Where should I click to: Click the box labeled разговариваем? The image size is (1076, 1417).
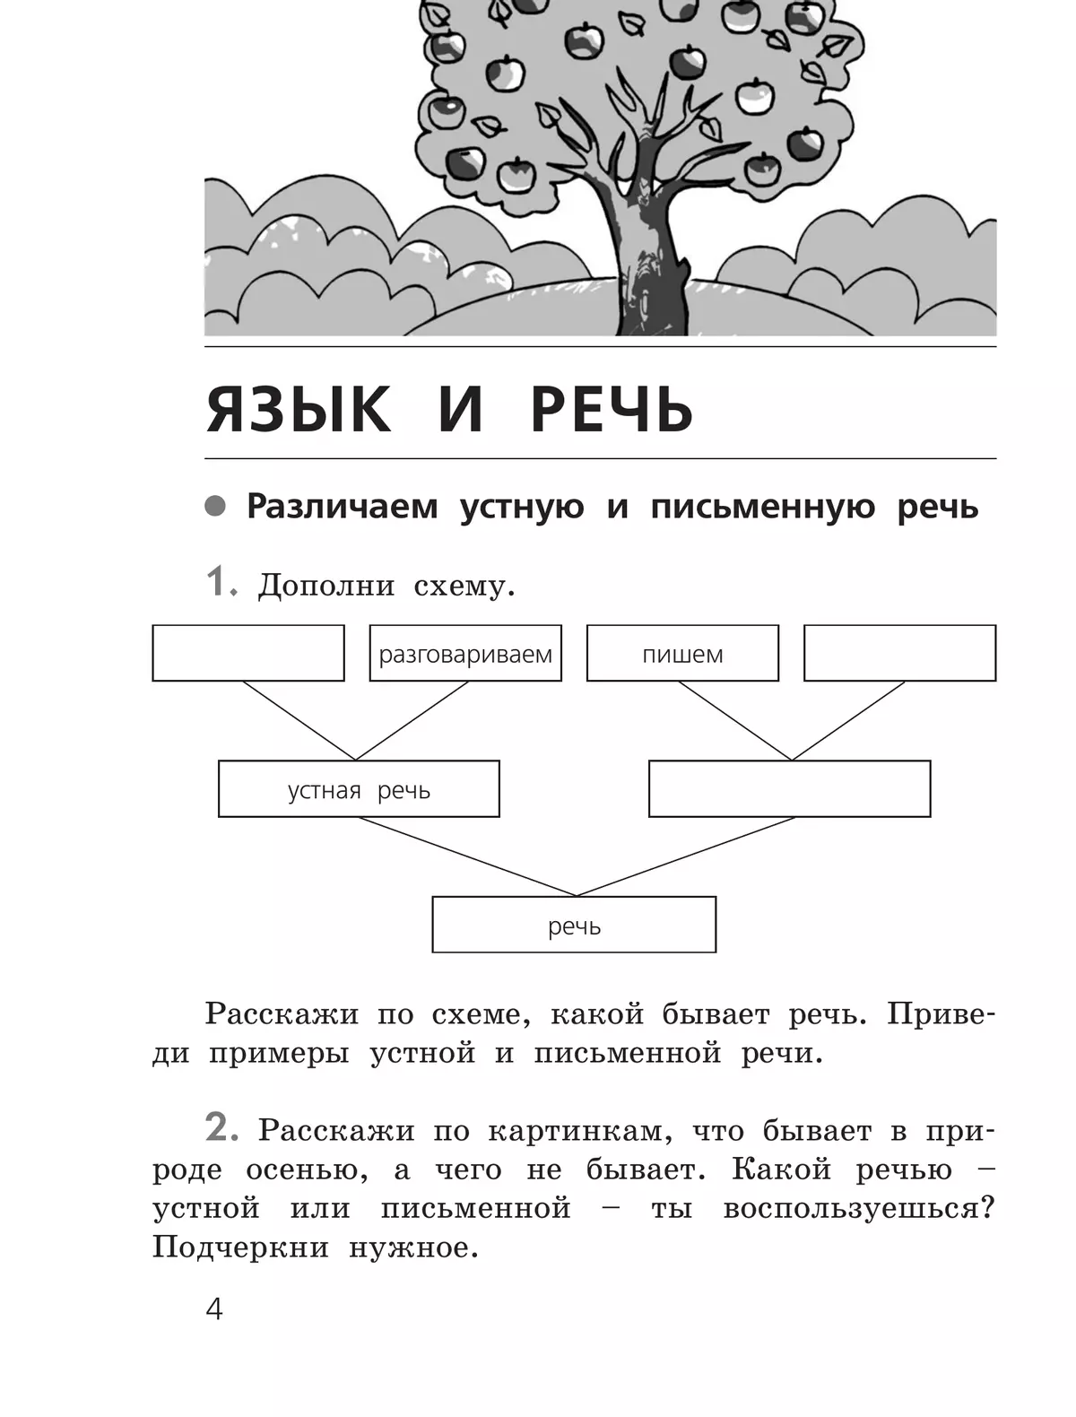[465, 653]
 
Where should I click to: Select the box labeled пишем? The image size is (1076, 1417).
[682, 653]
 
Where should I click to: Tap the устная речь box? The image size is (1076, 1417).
[359, 789]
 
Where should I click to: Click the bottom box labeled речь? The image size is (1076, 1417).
[574, 925]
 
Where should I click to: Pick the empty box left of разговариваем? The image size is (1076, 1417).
[248, 653]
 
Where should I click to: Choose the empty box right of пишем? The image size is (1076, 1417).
[899, 653]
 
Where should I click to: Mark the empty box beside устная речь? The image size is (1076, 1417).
[789, 789]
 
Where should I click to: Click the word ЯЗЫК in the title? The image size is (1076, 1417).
[299, 409]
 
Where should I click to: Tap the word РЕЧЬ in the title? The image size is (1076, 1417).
[612, 409]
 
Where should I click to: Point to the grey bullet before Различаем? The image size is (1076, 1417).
[215, 506]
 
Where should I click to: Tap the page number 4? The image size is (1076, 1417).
[214, 1309]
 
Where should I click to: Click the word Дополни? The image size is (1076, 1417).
[326, 586]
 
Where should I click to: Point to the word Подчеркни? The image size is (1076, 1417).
[240, 1247]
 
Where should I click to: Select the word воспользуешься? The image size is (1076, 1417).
[858, 1208]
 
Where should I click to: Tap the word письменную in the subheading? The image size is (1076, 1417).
[762, 507]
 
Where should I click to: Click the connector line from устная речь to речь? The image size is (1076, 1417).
[467, 856]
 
